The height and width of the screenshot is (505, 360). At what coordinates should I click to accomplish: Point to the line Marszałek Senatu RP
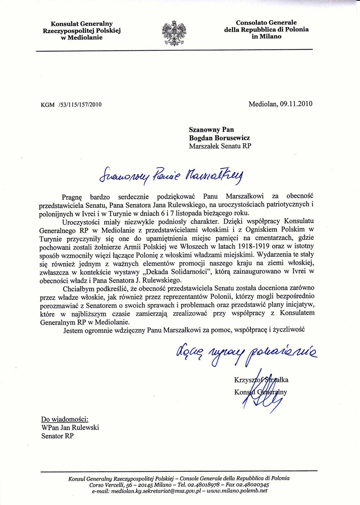(220, 146)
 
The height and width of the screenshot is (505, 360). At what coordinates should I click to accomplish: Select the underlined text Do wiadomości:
(65, 419)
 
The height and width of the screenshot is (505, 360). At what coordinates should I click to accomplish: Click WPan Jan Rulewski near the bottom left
(70, 427)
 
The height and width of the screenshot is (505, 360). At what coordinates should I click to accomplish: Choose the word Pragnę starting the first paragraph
(72, 196)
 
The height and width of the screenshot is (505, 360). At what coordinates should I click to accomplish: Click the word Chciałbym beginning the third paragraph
(76, 288)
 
